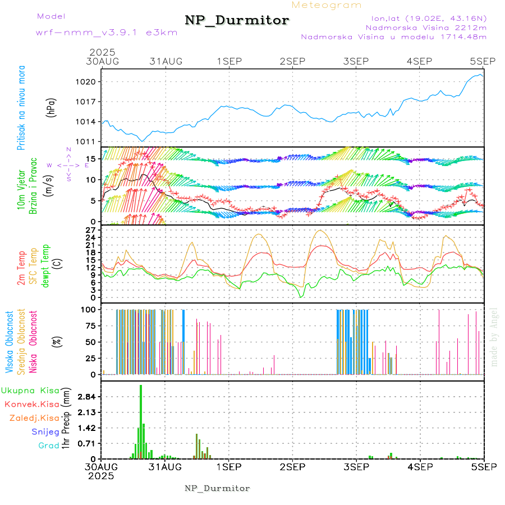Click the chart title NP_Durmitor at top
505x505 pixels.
click(237, 21)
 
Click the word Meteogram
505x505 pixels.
click(327, 5)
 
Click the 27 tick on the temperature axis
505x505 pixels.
click(91, 230)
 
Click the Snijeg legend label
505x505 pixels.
click(45, 432)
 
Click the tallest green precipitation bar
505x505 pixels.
click(141, 421)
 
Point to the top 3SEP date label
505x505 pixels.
click(356, 61)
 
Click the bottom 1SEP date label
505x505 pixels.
click(228, 467)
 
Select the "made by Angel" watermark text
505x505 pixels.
click(494, 337)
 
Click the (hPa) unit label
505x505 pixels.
click(52, 107)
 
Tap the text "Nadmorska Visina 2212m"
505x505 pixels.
click(426, 27)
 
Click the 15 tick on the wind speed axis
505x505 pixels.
click(89, 159)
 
